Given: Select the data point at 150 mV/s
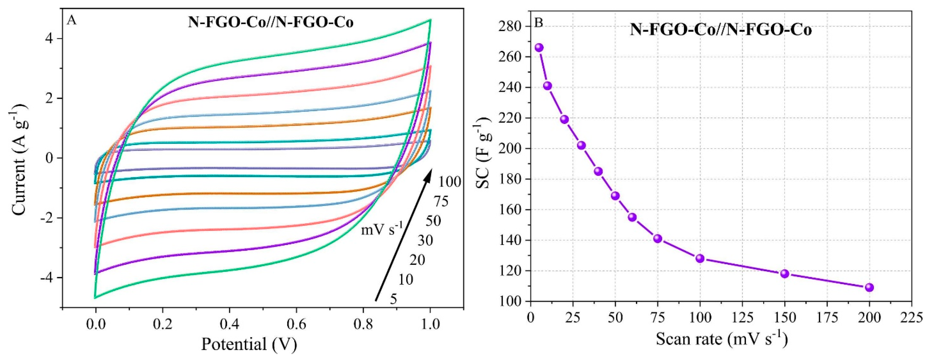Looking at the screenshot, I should coord(784,274).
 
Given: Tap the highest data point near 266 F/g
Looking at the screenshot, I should coord(539,48).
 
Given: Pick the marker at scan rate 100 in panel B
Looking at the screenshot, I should coord(700,258).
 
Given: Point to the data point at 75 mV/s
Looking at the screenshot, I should coord(658,238).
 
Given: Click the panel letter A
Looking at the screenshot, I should coord(72,20).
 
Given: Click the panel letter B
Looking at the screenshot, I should coord(538,23).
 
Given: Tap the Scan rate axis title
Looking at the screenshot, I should coord(721,339).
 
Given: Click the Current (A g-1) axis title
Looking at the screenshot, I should coord(18,159).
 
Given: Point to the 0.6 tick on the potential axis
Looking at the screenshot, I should coord(296,324).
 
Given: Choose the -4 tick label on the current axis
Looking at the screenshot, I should coord(47,278).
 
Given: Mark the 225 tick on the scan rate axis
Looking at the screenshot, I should coord(911,317).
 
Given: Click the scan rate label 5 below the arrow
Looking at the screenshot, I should coord(393,299).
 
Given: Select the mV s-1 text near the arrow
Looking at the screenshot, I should coord(382,229).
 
